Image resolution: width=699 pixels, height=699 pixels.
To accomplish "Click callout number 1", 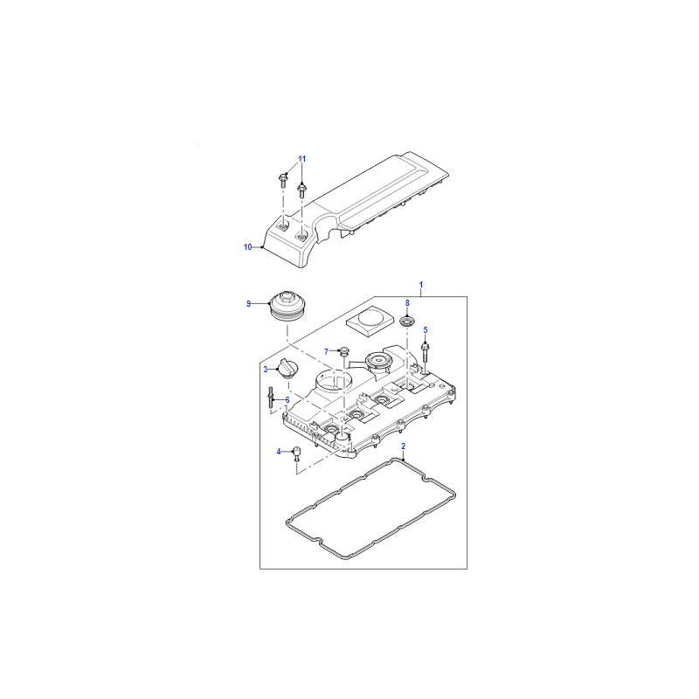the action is [x=421, y=285].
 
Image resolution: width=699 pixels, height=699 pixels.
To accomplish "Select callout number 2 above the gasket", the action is [x=404, y=446].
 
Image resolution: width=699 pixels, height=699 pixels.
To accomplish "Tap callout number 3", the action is [x=266, y=369].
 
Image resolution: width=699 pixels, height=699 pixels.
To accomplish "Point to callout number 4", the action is [x=279, y=452].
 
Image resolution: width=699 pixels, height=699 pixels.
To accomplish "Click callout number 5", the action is [x=426, y=330].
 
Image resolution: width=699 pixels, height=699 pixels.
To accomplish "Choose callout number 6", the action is [x=287, y=400].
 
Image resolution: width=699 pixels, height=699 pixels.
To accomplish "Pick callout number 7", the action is [x=326, y=352].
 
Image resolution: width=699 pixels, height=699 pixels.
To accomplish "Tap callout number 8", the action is [x=407, y=303].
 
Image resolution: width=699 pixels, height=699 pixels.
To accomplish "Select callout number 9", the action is [x=249, y=304].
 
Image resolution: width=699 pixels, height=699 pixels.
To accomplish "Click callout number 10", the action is [x=248, y=247].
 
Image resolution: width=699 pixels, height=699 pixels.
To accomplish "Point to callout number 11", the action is [x=302, y=159].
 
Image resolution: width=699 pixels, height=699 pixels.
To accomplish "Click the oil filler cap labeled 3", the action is [x=287, y=369].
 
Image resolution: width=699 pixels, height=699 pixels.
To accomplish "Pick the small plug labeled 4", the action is [x=296, y=453].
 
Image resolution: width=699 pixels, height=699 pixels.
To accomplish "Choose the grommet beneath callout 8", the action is [x=407, y=320].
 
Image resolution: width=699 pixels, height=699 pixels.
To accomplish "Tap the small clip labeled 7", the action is [x=344, y=351].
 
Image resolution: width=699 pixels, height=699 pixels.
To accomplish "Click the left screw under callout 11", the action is [x=282, y=180].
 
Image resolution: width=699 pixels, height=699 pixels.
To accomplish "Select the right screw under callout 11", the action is [x=302, y=191].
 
